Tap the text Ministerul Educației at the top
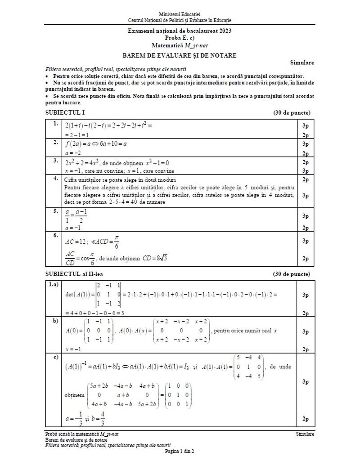[180, 15]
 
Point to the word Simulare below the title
[302, 63]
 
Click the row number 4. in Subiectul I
[55, 179]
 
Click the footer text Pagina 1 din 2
[180, 451]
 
